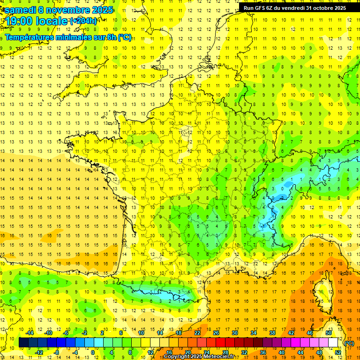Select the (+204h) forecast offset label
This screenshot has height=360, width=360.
click(x=83, y=21)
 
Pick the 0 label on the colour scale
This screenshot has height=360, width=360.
click(x=92, y=352)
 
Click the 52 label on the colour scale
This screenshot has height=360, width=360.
click(x=338, y=352)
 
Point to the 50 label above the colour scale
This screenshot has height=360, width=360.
click(x=328, y=333)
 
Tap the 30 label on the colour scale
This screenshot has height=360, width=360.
click(x=234, y=333)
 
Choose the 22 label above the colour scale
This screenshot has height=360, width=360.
click(x=197, y=333)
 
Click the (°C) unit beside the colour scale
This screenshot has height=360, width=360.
click(x=349, y=343)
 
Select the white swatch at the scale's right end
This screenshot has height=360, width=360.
click(x=333, y=343)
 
